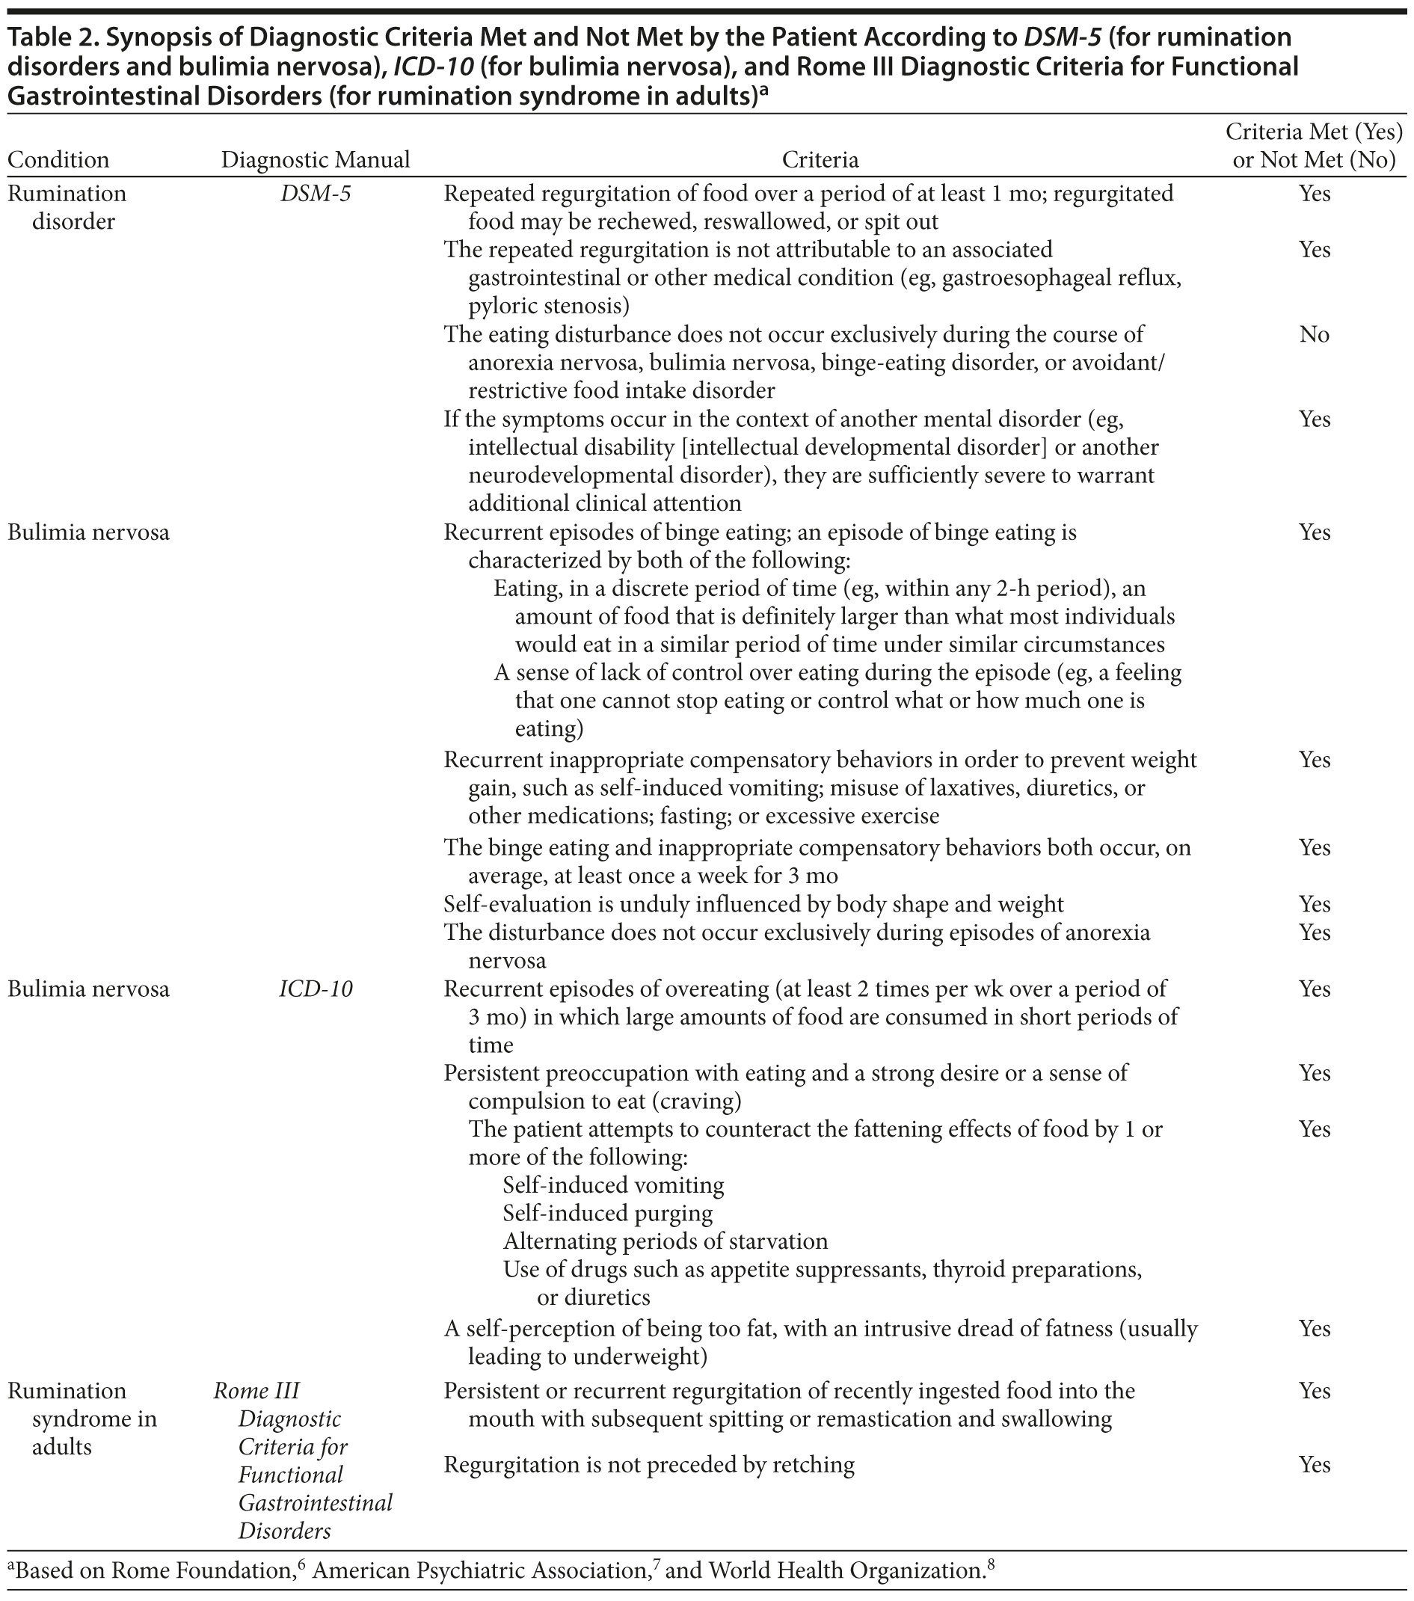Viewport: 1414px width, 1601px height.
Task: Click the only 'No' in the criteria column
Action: coord(1314,334)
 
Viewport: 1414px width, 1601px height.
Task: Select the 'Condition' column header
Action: coord(58,160)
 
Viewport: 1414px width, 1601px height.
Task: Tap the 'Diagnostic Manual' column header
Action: coord(315,160)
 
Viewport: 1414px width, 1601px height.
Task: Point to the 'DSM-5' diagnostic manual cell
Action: coord(316,194)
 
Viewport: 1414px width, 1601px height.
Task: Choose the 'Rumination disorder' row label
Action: coord(67,208)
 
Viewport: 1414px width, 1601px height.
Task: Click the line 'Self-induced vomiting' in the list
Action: coord(612,1185)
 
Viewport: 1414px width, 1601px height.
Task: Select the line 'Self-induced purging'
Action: coord(607,1214)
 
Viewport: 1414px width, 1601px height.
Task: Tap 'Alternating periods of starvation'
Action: coord(665,1241)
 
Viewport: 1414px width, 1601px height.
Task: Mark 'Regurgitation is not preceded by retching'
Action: coord(648,1465)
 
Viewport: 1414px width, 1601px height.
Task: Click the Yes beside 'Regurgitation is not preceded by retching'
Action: coord(1314,1465)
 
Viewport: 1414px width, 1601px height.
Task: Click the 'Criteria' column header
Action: coord(820,160)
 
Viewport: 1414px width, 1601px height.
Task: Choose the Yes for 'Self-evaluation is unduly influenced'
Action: coord(1314,904)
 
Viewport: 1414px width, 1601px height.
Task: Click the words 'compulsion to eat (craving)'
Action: coord(605,1101)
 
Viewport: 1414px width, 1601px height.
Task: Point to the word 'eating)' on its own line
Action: coord(549,729)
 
